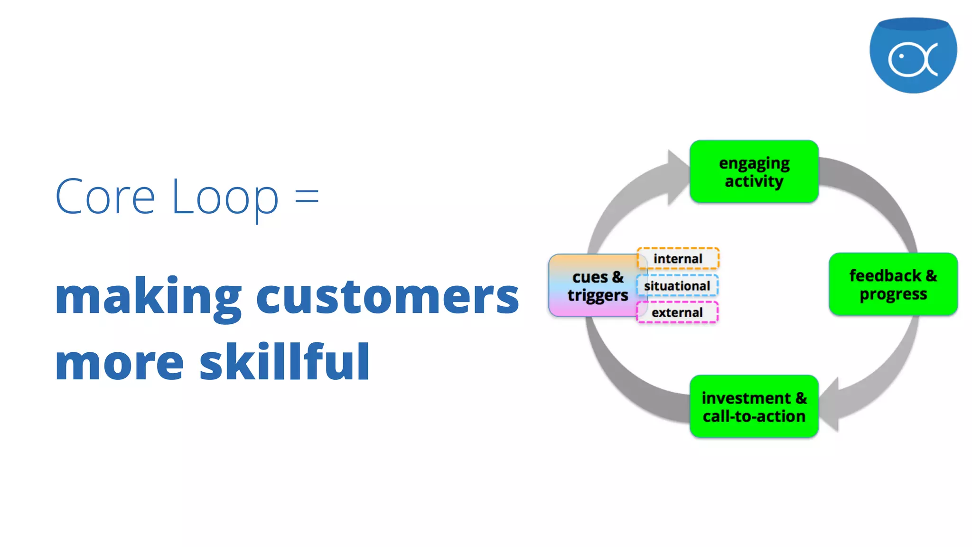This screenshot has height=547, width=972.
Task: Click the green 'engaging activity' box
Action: pos(754,171)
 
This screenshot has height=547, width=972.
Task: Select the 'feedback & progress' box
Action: pos(893,284)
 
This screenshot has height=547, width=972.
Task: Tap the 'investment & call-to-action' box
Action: pos(754,406)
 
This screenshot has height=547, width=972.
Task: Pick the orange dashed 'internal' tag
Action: pos(678,259)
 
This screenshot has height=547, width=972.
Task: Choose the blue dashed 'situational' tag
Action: pos(677,286)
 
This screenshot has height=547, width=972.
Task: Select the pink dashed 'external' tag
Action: pos(677,312)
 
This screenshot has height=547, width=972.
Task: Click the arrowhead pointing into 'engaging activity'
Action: pos(677,177)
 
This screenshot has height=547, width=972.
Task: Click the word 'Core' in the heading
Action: pos(105,197)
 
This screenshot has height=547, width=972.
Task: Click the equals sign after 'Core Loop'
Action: pos(307,196)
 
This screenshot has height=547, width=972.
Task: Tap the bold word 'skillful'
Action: pos(284,362)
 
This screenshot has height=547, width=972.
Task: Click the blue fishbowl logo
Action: pos(913,55)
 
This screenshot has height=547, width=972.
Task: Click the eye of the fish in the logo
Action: pos(901,56)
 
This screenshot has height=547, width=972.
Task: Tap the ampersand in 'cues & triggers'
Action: pos(617,277)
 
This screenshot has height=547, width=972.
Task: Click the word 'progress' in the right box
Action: pos(893,294)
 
